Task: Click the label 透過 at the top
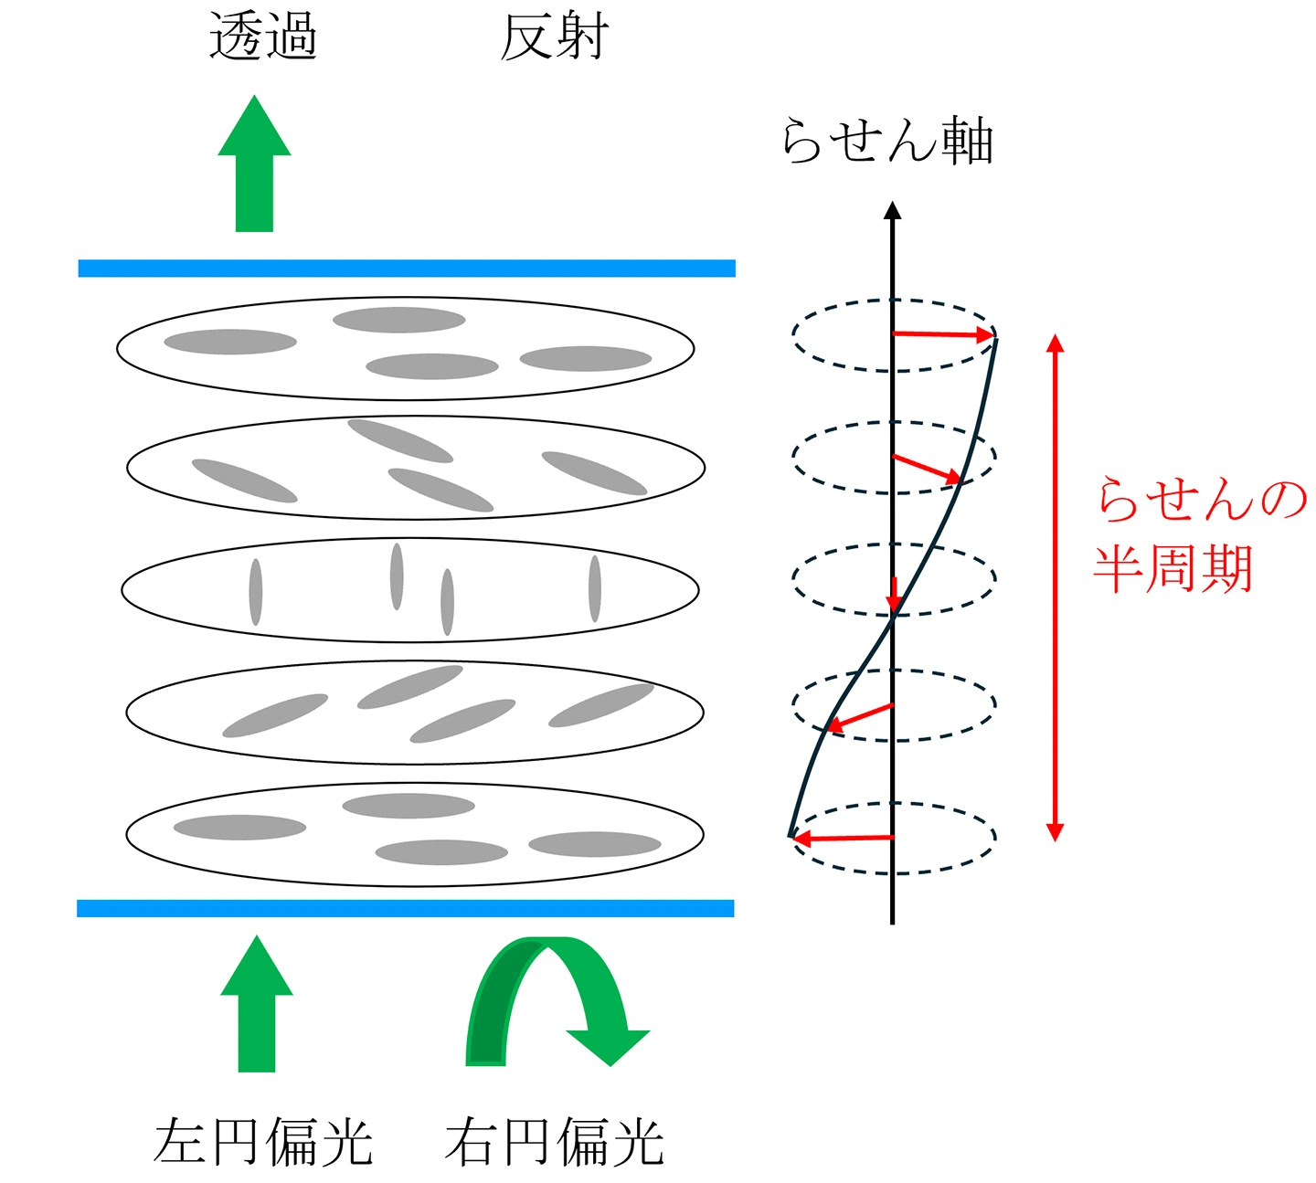click(263, 37)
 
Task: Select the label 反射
click(554, 37)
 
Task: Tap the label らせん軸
click(887, 142)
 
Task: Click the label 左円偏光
click(263, 1141)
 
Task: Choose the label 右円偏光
click(554, 1141)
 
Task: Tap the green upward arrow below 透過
click(254, 164)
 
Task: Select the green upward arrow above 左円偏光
click(257, 1005)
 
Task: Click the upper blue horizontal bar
click(407, 269)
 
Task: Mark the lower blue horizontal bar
click(406, 908)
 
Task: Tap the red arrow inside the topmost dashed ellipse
click(941, 334)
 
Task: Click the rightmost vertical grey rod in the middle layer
click(595, 588)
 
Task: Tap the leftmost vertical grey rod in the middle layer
click(256, 592)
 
